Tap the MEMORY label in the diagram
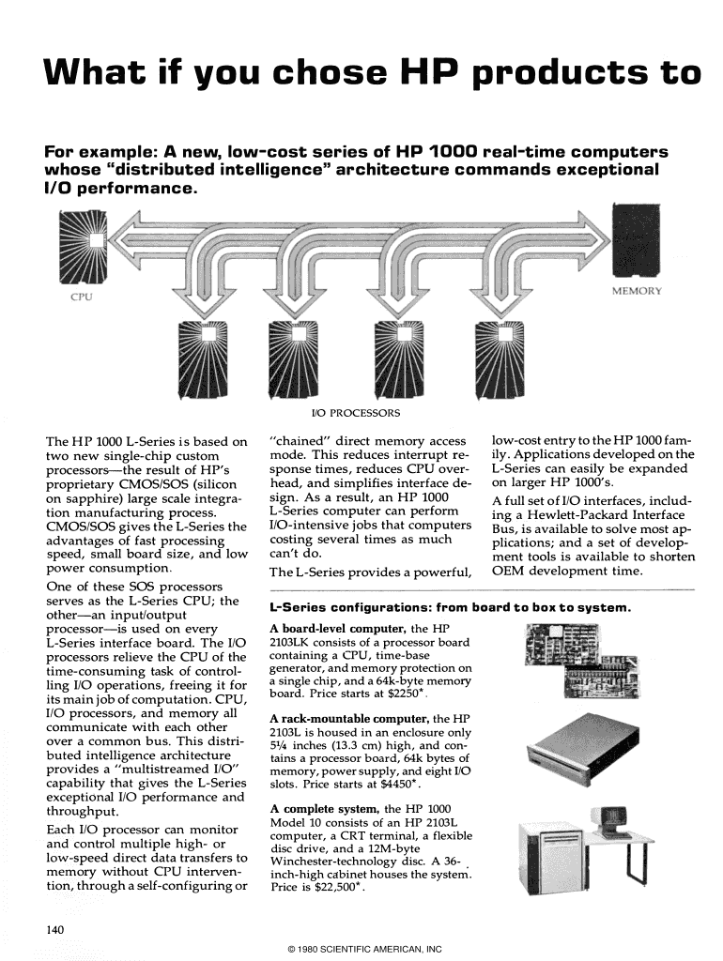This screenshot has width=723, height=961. point(637,290)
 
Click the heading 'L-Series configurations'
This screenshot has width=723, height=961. point(351,607)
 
